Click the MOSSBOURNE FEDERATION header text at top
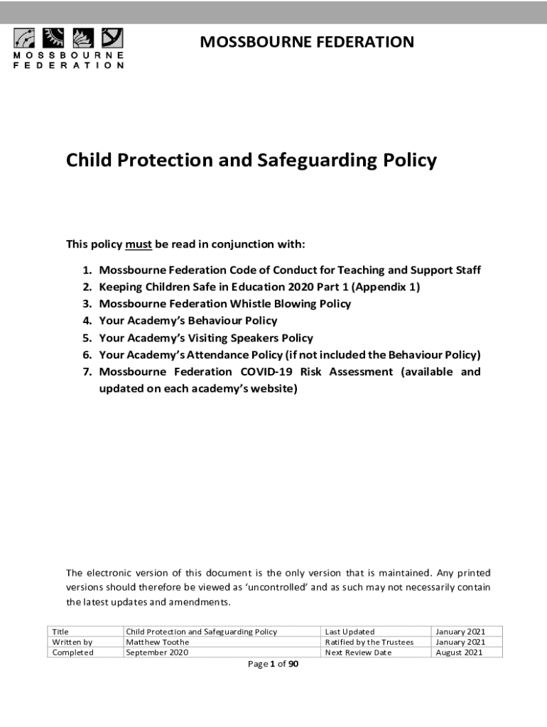click(x=307, y=42)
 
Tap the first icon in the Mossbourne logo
click(x=26, y=38)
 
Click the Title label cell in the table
click(x=61, y=631)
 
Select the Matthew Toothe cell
click(x=158, y=642)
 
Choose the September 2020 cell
click(x=157, y=652)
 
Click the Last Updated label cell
click(x=350, y=631)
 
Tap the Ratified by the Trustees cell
click(x=369, y=642)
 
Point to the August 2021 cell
click(x=460, y=652)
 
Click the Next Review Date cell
click(x=358, y=652)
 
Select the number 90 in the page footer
click(x=293, y=665)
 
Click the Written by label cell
click(x=72, y=642)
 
